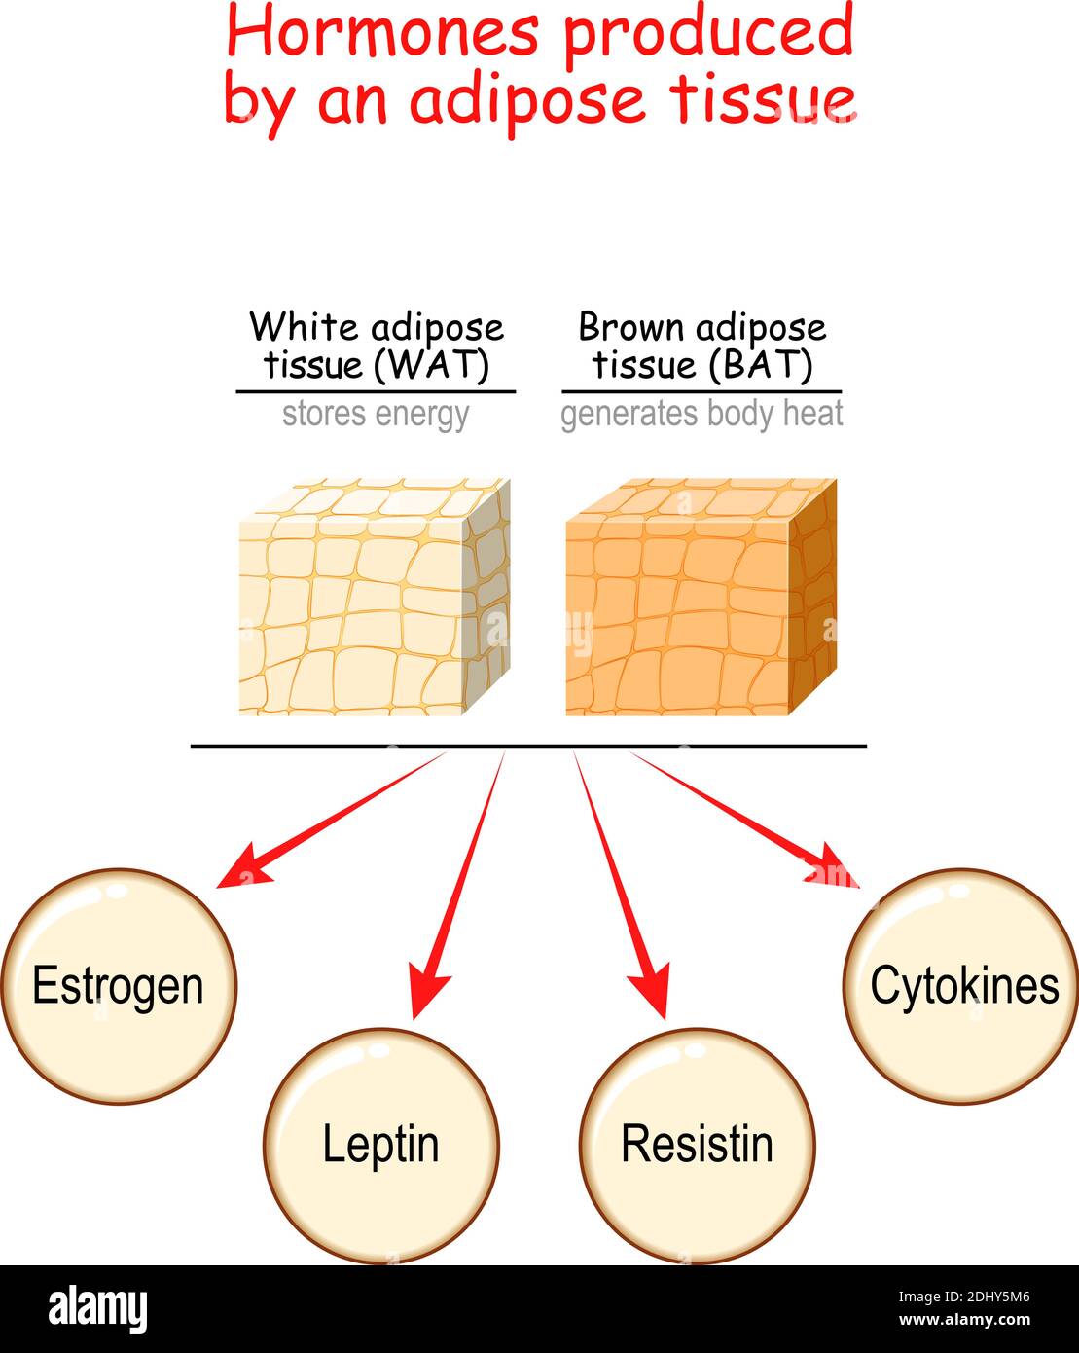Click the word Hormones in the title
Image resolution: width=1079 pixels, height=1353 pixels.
pos(381,32)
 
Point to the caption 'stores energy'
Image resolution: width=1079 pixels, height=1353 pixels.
pos(376,415)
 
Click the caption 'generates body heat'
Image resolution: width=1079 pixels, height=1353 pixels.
pos(701,415)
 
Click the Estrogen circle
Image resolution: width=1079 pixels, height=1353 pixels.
pos(119,986)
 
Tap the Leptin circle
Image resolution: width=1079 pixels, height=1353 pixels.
pos(380,1146)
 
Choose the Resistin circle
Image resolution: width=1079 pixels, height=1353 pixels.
pos(697,1146)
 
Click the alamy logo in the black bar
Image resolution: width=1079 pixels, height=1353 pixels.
pos(98,1308)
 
